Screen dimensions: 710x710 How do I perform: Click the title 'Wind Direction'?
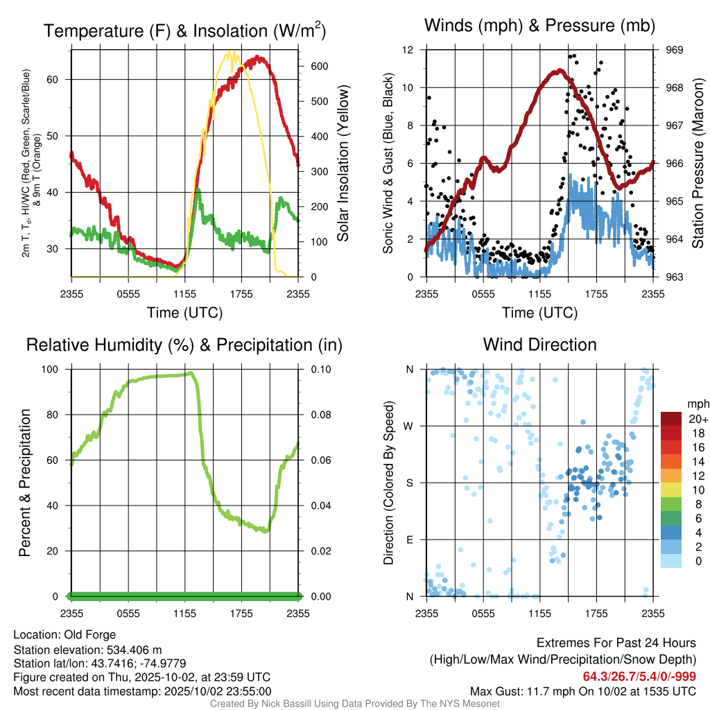tap(539, 345)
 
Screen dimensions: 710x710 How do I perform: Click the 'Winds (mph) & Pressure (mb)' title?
tap(539, 26)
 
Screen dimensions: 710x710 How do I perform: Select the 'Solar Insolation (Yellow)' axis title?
tap(343, 164)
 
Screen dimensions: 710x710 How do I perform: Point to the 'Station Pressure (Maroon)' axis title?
tap(698, 164)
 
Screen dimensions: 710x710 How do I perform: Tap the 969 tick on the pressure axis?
tap(674, 50)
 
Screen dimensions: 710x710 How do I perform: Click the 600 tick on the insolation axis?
tap(320, 67)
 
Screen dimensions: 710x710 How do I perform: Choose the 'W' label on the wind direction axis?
tap(410, 426)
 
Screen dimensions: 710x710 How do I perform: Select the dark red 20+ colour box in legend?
tap(671, 419)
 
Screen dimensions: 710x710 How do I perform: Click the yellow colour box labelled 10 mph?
tap(671, 490)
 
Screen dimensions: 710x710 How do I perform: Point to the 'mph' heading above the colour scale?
tap(697, 404)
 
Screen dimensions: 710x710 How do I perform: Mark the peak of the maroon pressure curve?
tap(559, 70)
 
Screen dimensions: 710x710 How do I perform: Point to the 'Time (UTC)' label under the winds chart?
tap(539, 313)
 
